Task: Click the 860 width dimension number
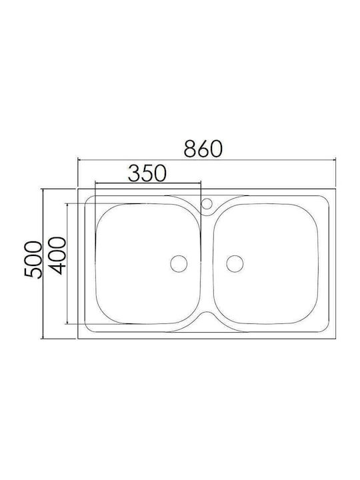coord(203,149)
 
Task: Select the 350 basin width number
coord(147,173)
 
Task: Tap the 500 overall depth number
coord(33,260)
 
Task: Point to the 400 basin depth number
coord(57,255)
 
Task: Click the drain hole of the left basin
coord(179,263)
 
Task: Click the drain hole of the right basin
coord(235,263)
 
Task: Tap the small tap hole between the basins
coord(207,203)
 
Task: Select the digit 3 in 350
coord(133,173)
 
